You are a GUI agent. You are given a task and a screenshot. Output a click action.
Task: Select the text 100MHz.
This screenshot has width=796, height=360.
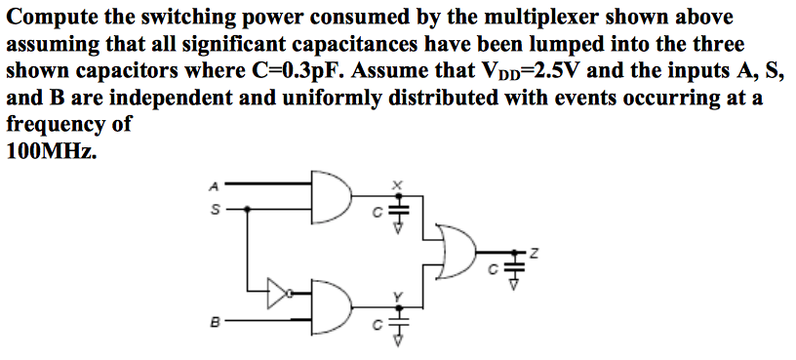pos(52,152)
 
